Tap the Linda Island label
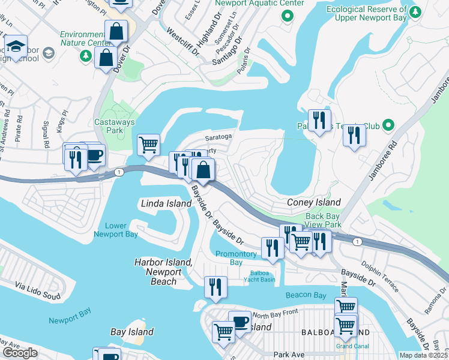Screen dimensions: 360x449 coord(166,204)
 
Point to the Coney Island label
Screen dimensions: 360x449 coord(313,203)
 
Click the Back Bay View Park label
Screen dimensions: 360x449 coord(323,220)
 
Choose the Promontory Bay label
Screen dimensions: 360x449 coord(237,258)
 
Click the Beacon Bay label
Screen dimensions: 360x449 coord(306,295)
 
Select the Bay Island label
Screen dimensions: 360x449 coord(132,332)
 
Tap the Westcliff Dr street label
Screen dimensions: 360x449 coord(183,41)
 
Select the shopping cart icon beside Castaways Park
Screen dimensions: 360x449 coord(148,144)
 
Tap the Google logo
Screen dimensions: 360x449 coord(20,353)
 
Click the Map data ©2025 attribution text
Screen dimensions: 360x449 coord(423,355)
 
